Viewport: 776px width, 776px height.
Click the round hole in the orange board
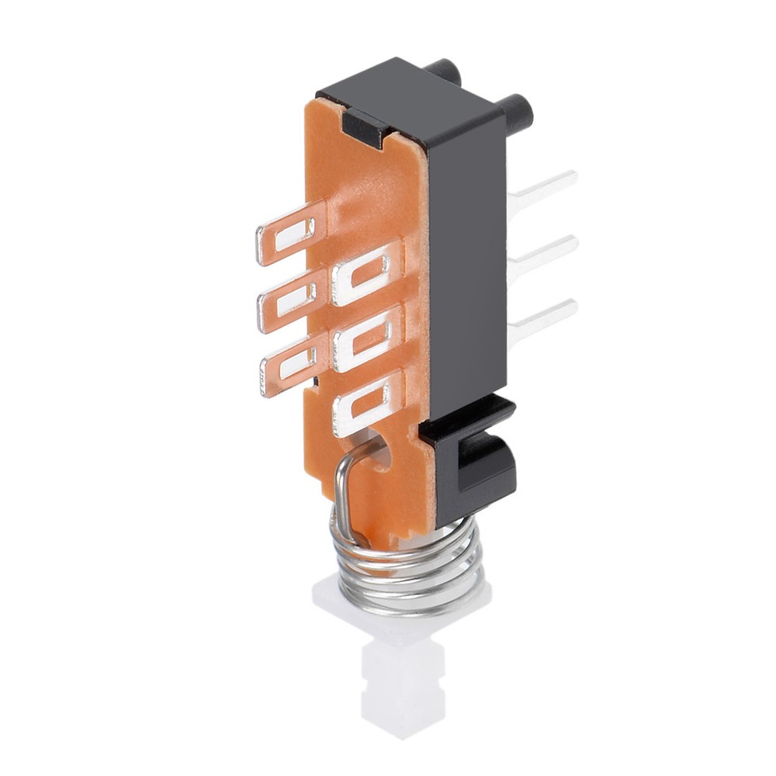click(x=379, y=452)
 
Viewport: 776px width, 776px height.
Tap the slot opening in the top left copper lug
click(x=295, y=233)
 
